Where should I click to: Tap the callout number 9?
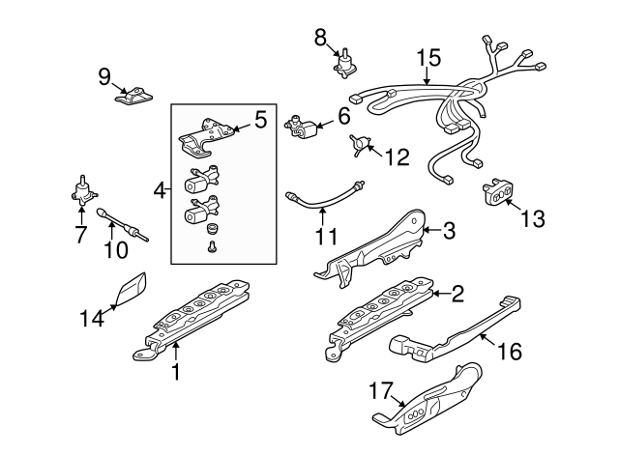tap(104, 75)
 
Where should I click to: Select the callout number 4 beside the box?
tap(159, 191)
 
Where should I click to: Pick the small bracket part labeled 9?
tap(133, 98)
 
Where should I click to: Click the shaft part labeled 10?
tap(121, 224)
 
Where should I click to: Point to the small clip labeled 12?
tap(361, 145)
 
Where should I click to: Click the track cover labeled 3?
tap(372, 252)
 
